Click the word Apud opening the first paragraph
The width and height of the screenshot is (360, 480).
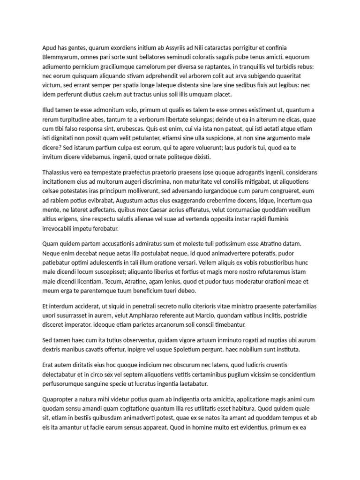click(50, 47)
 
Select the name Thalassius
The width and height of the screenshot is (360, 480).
click(58, 172)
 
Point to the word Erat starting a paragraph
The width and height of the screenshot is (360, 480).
click(49, 365)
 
